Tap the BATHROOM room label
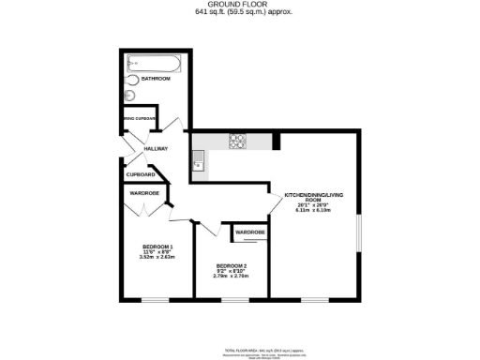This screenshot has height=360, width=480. (157, 79)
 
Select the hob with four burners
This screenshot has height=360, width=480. (237, 142)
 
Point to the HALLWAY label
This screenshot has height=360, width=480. (156, 149)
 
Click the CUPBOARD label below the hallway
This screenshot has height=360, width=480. (141, 174)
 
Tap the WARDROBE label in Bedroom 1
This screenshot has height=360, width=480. (144, 193)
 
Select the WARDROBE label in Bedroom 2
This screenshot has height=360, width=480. (249, 232)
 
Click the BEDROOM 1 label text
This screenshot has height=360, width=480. (145, 246)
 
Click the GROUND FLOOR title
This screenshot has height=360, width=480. (240, 5)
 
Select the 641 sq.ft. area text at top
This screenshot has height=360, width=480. (240, 13)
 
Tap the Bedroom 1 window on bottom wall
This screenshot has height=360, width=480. (154, 300)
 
